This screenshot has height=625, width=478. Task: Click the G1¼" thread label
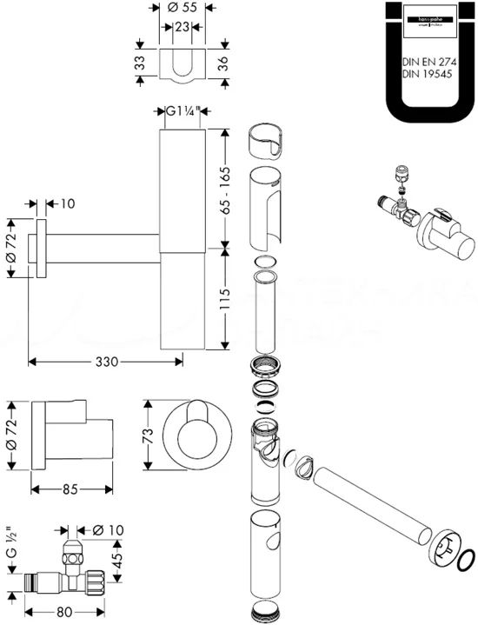[x=182, y=111]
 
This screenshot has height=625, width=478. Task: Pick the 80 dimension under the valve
[x=63, y=611]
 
